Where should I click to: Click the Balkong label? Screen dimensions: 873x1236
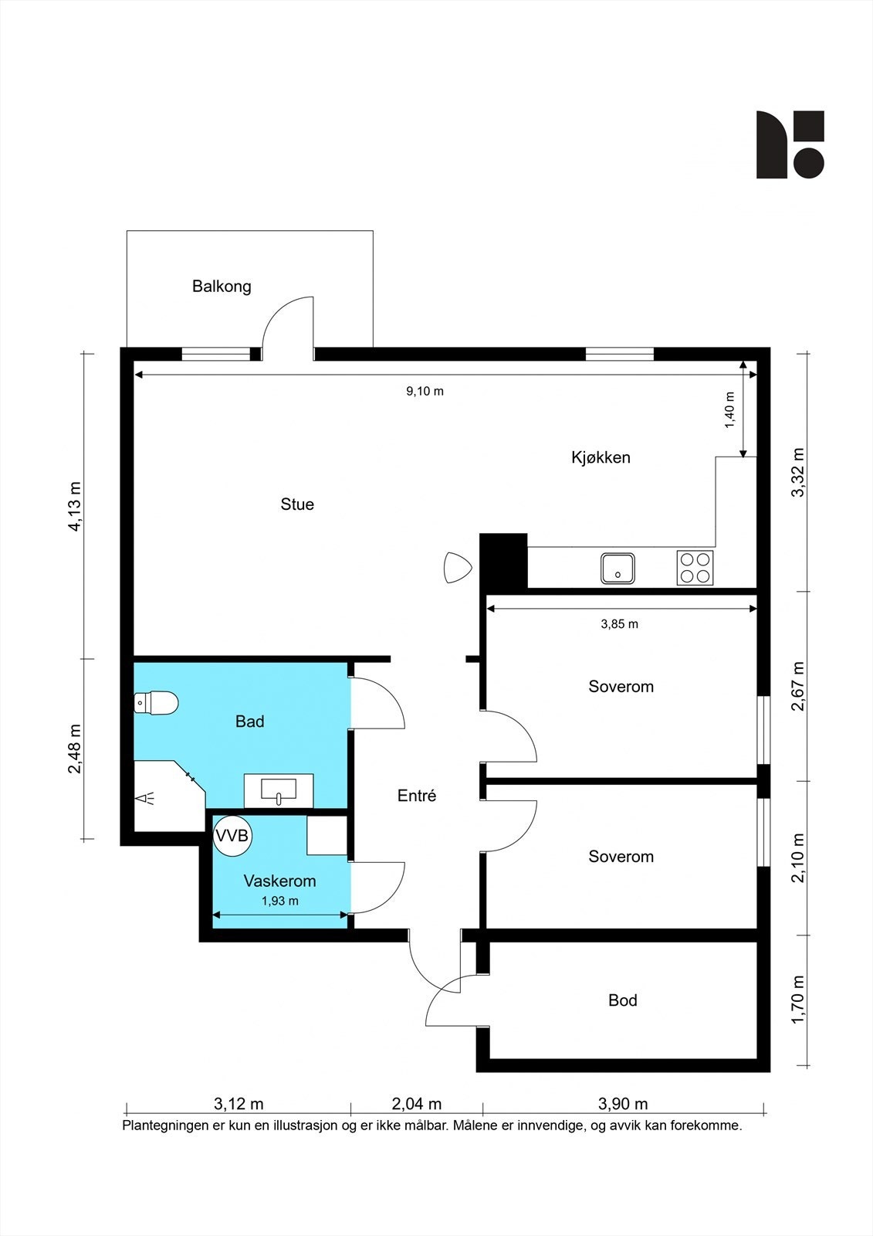(222, 287)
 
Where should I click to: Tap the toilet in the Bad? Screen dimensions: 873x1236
(156, 703)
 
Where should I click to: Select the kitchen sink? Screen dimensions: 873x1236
(617, 569)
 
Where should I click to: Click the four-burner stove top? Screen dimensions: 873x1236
(695, 568)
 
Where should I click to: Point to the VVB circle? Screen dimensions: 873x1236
(232, 836)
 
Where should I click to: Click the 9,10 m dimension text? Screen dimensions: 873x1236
(425, 391)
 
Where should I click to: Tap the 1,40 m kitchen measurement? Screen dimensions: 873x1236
(729, 410)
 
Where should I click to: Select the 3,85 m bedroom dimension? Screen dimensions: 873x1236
(619, 624)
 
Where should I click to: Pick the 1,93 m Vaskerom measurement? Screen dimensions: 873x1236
(279, 901)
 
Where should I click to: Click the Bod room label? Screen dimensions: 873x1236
(623, 1000)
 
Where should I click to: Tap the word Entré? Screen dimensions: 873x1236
(416, 795)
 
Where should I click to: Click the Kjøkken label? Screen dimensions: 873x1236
(601, 457)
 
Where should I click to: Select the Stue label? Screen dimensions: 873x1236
(297, 504)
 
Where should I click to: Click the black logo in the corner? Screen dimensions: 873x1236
(790, 144)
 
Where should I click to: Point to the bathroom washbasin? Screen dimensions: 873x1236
(279, 791)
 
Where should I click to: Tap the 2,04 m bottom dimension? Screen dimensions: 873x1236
(416, 1104)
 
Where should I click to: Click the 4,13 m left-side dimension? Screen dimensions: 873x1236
(75, 506)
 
